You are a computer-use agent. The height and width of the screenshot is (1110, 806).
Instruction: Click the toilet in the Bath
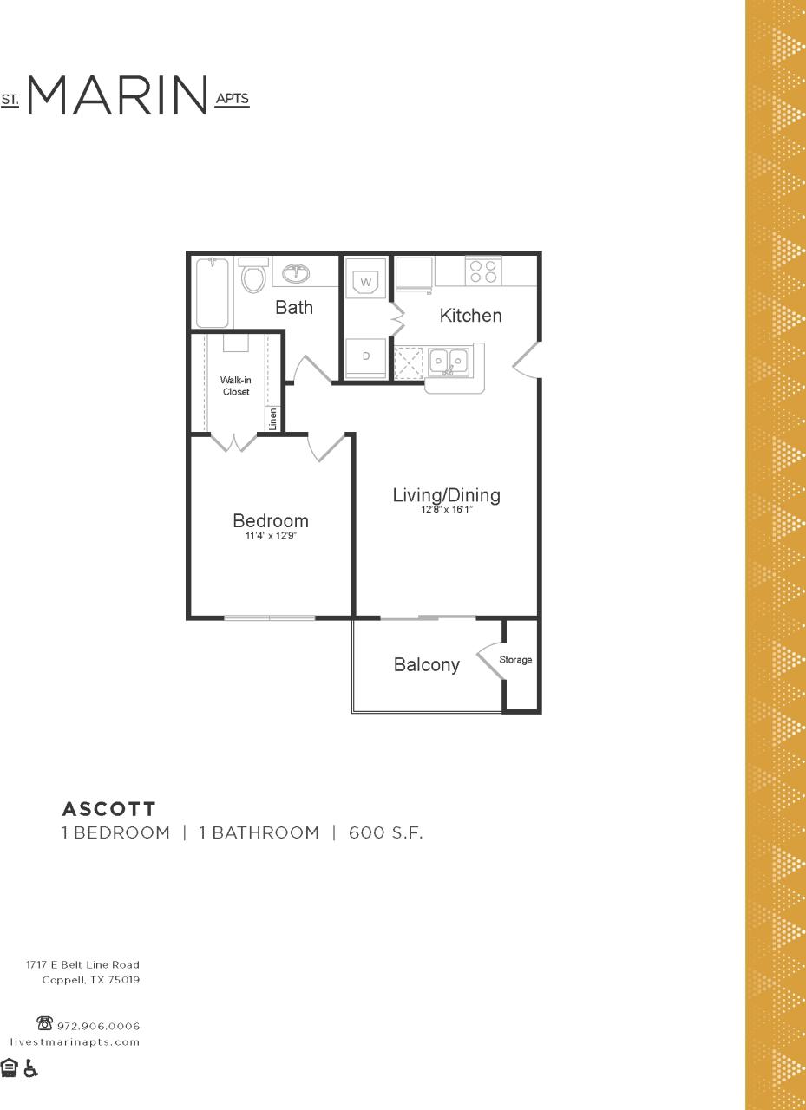(253, 277)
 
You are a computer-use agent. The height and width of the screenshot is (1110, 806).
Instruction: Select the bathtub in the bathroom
(212, 292)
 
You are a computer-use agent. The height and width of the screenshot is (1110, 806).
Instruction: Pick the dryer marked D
(366, 356)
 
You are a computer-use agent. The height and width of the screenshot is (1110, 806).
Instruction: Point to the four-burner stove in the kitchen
(483, 271)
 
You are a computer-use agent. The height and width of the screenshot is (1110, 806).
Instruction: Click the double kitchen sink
(449, 359)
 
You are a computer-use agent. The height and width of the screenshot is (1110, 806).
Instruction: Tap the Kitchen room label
(470, 316)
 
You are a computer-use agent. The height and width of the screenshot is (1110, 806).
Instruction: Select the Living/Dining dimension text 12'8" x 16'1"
(446, 510)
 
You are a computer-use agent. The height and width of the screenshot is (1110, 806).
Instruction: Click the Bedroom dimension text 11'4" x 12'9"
(271, 536)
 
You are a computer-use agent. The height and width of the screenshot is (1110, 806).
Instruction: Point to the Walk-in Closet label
(235, 386)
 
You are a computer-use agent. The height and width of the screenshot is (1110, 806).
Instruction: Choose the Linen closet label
(272, 420)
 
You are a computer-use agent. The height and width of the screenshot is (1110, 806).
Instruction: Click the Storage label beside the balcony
(515, 660)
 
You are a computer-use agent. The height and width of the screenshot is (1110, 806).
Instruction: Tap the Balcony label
(426, 665)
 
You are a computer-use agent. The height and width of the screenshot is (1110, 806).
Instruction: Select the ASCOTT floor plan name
(108, 809)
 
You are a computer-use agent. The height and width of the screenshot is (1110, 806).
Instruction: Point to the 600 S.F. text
(385, 833)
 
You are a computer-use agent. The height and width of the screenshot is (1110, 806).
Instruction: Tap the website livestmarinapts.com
(75, 1041)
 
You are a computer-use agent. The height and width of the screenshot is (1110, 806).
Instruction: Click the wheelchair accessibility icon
(30, 1068)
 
